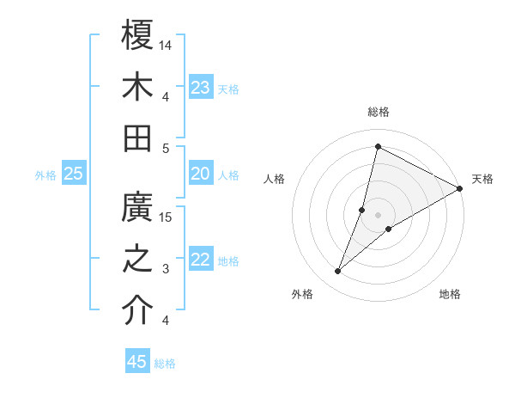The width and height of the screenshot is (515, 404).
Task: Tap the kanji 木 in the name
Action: tap(137, 87)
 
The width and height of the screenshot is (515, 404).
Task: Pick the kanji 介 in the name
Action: tap(137, 312)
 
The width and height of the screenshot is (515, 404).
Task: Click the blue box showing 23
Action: tap(201, 88)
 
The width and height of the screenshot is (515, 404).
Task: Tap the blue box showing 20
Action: tap(201, 174)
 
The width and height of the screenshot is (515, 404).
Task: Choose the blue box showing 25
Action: tap(73, 174)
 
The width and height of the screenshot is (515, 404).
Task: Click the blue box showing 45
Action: tap(137, 362)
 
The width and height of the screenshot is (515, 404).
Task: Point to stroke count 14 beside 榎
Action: tap(167, 44)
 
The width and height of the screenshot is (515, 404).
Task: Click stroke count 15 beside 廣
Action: tap(167, 217)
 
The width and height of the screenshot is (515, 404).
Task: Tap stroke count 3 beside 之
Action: tap(167, 269)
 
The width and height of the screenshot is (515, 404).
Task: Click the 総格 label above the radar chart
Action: tap(378, 112)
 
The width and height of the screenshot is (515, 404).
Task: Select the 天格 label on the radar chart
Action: tap(482, 179)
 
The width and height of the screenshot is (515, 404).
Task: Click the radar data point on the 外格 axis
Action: tap(338, 272)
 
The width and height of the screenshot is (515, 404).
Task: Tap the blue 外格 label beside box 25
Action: tap(45, 174)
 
